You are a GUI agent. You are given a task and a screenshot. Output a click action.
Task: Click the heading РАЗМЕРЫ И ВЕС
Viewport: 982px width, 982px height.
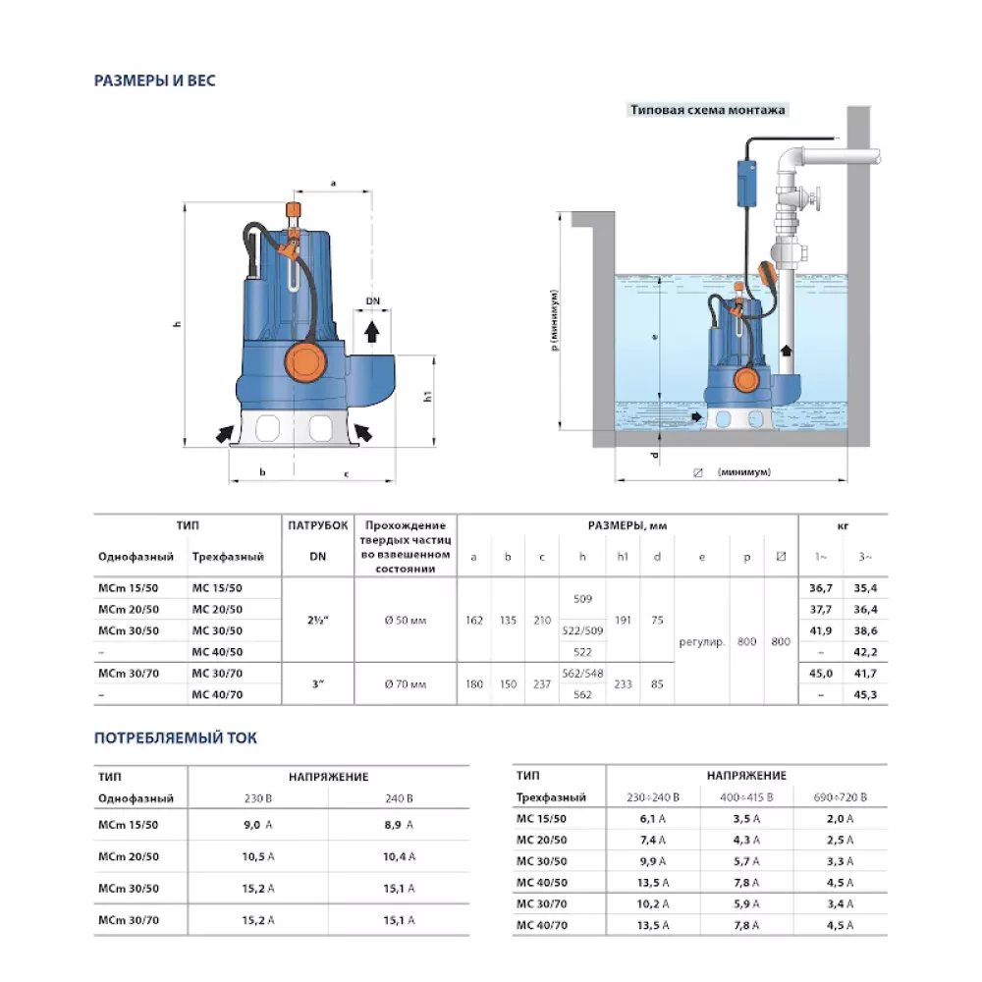click(x=154, y=81)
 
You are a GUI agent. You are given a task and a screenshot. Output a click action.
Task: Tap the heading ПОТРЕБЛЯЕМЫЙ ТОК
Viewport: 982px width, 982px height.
click(x=175, y=737)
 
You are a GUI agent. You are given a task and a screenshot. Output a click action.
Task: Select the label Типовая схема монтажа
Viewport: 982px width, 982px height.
click(x=707, y=110)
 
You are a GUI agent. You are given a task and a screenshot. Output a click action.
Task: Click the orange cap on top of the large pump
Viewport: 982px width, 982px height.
click(x=292, y=211)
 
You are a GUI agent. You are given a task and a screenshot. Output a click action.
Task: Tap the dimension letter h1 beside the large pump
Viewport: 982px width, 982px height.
click(x=429, y=396)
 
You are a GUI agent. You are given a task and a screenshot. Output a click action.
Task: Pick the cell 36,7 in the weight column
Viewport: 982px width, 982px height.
click(x=820, y=588)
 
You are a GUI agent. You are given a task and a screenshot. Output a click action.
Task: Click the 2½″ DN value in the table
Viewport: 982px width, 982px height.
click(x=317, y=619)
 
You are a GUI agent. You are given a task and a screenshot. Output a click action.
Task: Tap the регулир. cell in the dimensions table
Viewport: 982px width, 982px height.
click(x=701, y=641)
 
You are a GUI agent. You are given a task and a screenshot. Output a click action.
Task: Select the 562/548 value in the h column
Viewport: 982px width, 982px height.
click(x=582, y=674)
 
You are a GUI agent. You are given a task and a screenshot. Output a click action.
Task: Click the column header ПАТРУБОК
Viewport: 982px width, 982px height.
click(x=317, y=525)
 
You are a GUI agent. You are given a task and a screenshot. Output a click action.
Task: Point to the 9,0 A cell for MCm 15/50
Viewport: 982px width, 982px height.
click(x=257, y=825)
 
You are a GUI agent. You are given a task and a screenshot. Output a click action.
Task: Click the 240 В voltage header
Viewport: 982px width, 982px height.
click(x=398, y=797)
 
